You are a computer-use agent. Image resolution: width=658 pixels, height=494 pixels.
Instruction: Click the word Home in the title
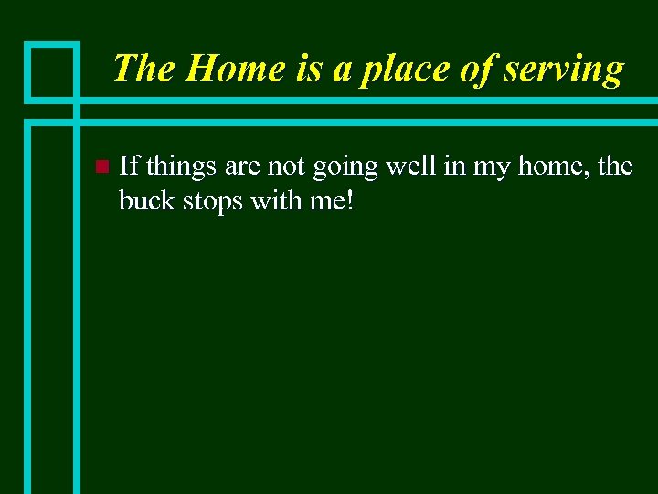pyautogui.click(x=223, y=69)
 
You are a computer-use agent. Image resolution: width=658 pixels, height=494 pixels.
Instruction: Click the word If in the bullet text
pyautogui.click(x=129, y=166)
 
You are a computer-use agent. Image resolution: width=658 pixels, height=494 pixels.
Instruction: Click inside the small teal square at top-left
pyautogui.click(x=53, y=70)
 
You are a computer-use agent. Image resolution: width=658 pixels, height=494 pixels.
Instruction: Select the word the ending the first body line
pyautogui.click(x=615, y=166)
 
